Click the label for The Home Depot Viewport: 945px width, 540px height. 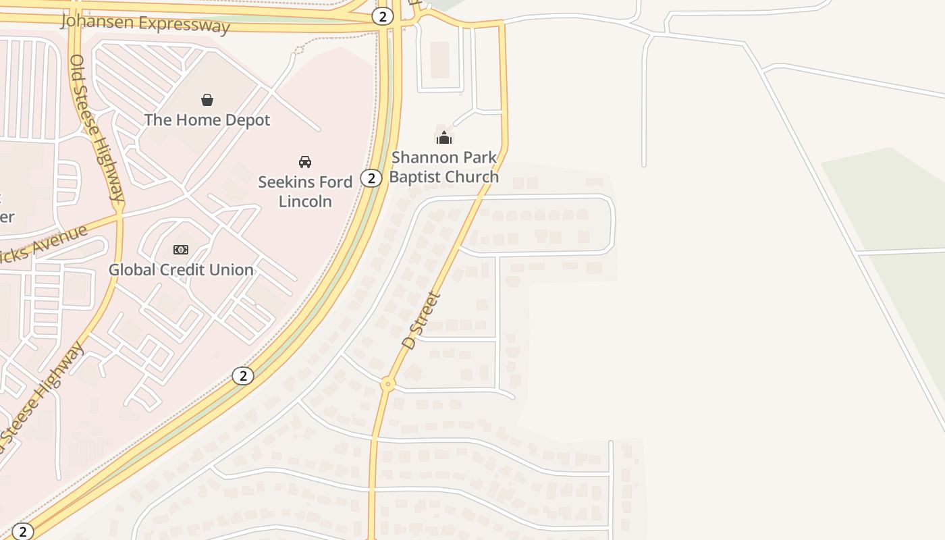click(x=207, y=120)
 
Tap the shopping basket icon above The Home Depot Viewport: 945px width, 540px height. click(x=207, y=100)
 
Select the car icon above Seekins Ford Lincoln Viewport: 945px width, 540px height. click(x=305, y=161)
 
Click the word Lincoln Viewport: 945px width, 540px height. click(x=305, y=201)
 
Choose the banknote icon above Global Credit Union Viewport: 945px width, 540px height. click(x=181, y=250)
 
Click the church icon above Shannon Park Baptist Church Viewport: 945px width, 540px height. click(x=444, y=137)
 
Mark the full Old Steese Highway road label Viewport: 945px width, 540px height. click(x=97, y=128)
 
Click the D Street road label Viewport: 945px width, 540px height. click(x=421, y=320)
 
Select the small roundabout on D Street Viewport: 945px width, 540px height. click(x=387, y=384)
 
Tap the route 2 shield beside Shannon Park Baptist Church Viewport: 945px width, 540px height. click(x=371, y=178)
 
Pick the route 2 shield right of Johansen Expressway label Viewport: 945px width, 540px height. click(x=383, y=16)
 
